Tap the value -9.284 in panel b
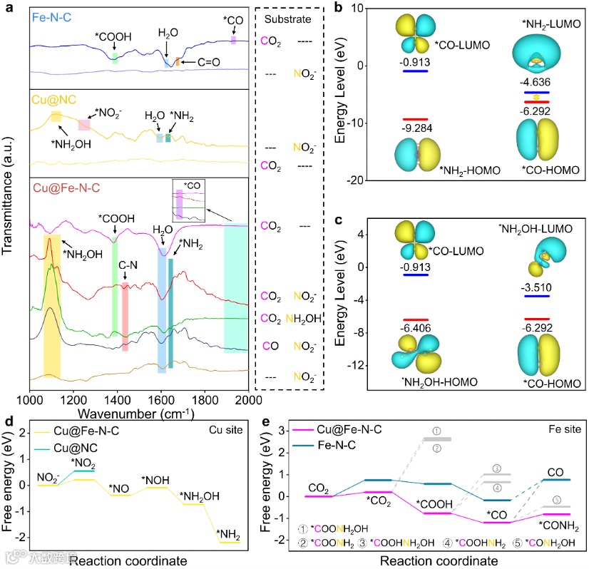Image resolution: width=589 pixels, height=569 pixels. click(x=414, y=130)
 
